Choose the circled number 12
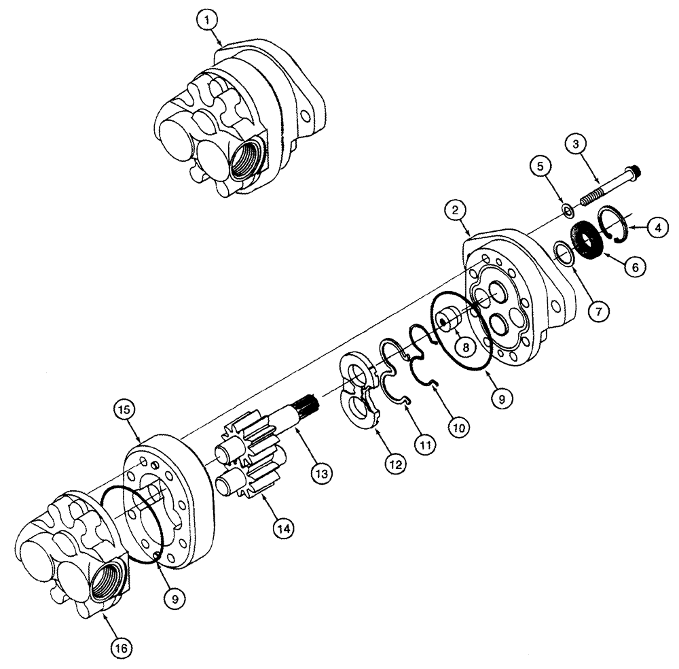point(394,465)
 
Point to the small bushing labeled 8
point(448,319)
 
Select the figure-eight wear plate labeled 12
point(358,390)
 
